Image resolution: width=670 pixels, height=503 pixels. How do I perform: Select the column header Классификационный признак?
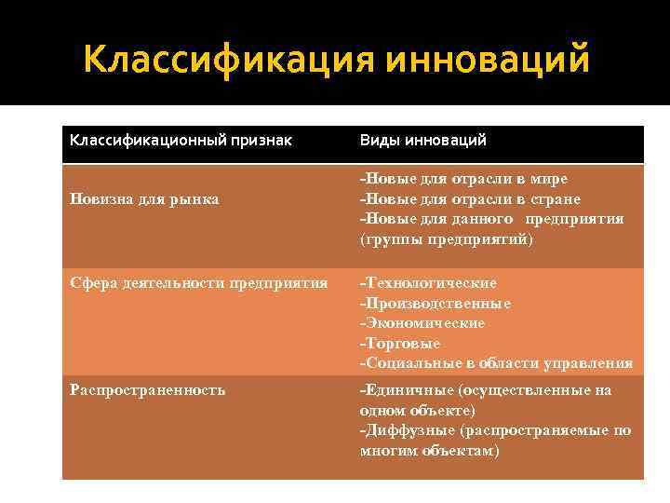coord(181,140)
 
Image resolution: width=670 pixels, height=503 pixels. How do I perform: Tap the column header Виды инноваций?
coord(423,140)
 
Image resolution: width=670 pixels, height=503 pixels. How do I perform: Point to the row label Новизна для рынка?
coord(144,198)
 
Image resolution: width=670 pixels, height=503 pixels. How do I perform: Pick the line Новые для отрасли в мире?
coord(464,178)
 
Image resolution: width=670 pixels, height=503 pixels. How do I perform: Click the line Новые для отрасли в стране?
coord(471,198)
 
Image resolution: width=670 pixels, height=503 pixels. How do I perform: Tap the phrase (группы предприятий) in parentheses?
coord(447,239)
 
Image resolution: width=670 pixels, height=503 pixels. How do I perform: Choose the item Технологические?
coord(429,282)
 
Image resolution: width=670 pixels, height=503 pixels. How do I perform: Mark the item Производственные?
coord(435,303)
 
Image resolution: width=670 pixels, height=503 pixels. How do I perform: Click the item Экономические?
coord(423,322)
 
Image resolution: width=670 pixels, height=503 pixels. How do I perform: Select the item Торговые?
coord(401,343)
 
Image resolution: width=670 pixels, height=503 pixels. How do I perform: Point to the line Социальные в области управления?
coord(497,362)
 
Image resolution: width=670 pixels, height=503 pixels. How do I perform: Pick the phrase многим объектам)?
coord(429,450)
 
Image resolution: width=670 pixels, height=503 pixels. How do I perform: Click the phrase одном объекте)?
coord(417,410)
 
